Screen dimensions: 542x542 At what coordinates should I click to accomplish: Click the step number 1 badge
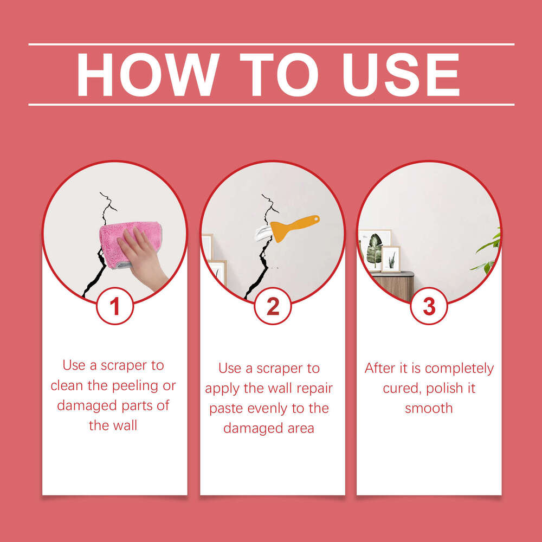pos(115,306)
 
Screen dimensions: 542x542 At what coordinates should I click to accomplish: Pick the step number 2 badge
pos(273,306)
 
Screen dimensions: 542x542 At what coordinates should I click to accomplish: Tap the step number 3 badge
pos(429,306)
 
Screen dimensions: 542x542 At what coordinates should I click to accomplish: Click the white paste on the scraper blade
pos(266,234)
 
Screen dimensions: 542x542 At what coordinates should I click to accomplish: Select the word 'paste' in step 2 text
pos(226,408)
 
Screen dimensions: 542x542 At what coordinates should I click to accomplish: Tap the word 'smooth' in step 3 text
pos(429,408)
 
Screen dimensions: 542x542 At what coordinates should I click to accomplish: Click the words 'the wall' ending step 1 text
pos(113,425)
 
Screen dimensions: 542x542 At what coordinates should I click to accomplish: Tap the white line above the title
pos(271,44)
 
